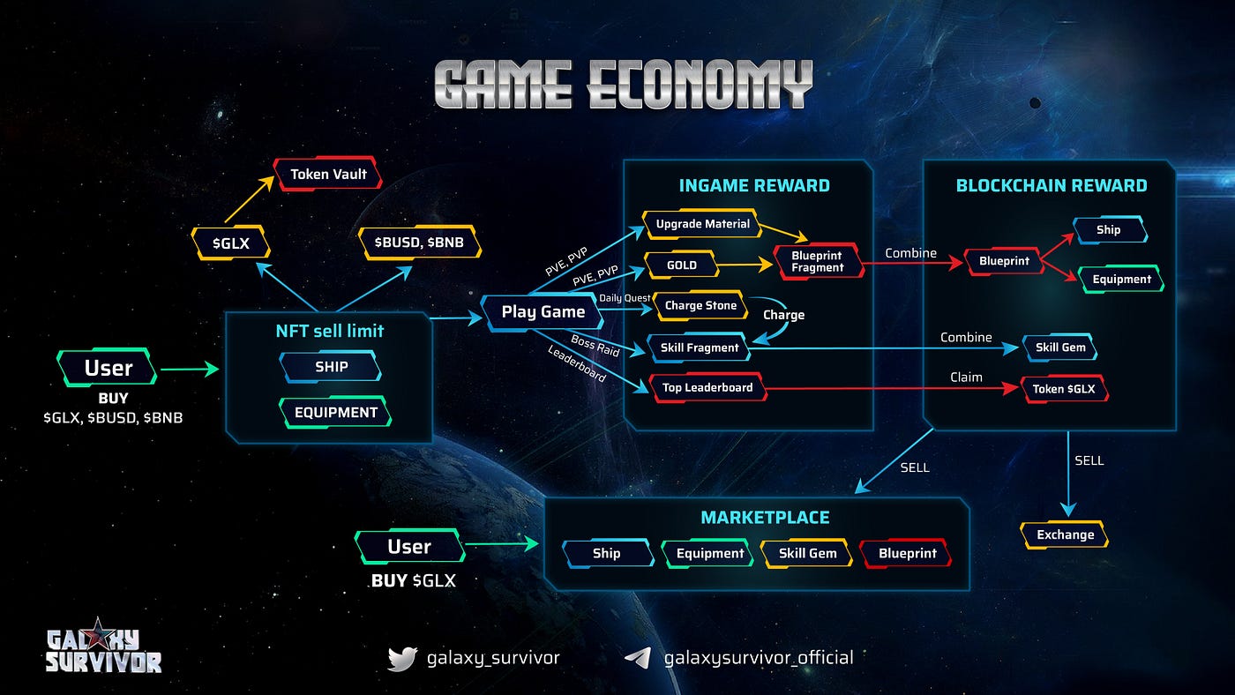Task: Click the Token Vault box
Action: point(328,174)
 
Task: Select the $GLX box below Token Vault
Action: point(229,242)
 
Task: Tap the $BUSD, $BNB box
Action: point(420,242)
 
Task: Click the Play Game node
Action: point(543,311)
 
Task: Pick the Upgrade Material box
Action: point(702,224)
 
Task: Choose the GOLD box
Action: point(682,265)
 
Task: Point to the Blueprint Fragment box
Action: point(818,261)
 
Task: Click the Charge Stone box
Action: point(700,305)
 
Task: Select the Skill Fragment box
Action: point(699,347)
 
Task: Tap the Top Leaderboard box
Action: point(707,387)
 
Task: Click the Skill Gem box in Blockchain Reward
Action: point(1060,347)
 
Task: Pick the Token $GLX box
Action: point(1065,388)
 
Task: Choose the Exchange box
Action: point(1065,534)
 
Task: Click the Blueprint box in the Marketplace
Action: point(907,553)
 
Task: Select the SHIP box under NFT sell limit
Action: point(331,366)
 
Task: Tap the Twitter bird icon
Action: point(401,658)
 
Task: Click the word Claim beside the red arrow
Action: point(966,377)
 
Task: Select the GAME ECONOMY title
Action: point(624,86)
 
